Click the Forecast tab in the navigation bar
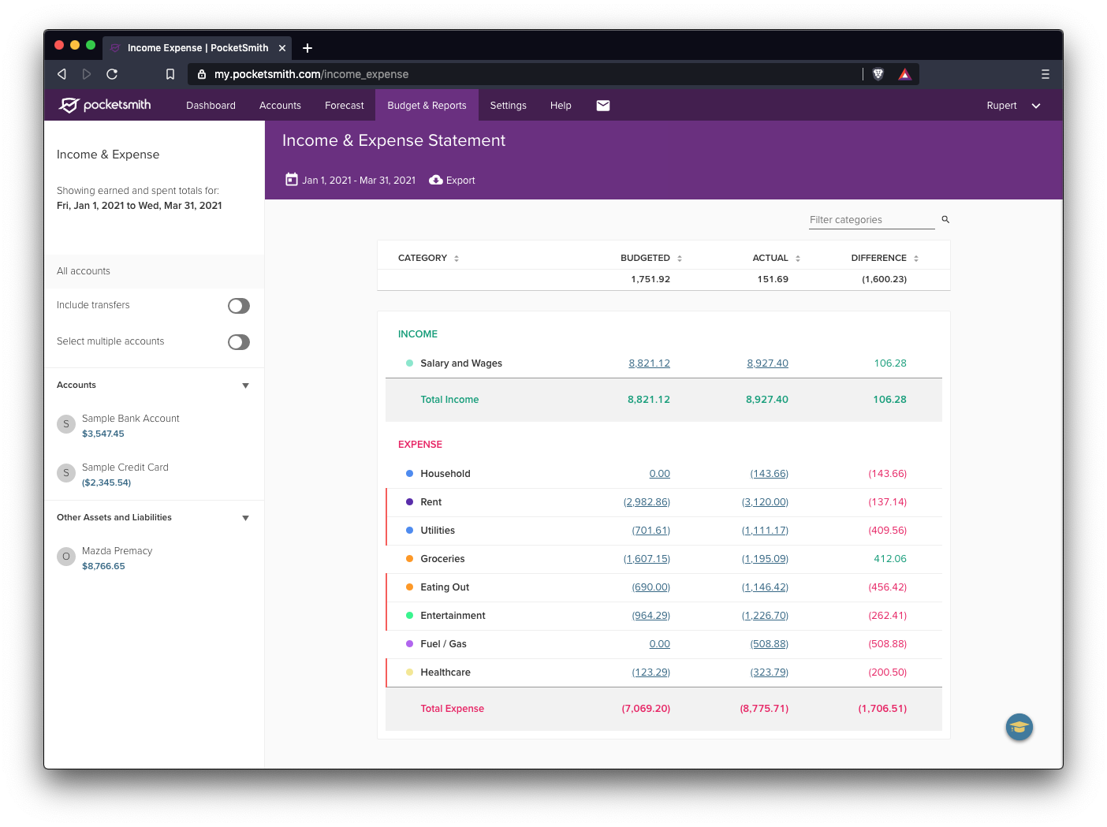pyautogui.click(x=344, y=106)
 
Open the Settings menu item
pyautogui.click(x=508, y=106)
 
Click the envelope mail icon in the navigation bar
pyautogui.click(x=603, y=106)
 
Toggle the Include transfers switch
pyautogui.click(x=239, y=306)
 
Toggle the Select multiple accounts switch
pyautogui.click(x=239, y=342)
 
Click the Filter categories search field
pyautogui.click(x=870, y=220)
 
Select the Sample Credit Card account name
pyautogui.click(x=125, y=468)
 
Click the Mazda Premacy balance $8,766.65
pyautogui.click(x=103, y=566)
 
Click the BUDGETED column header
pyautogui.click(x=645, y=258)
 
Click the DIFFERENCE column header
pyautogui.click(x=878, y=258)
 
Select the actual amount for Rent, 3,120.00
pyautogui.click(x=765, y=502)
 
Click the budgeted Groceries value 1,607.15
pyautogui.click(x=647, y=559)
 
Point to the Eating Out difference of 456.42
pyautogui.click(x=887, y=587)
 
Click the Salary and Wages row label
pyautogui.click(x=461, y=363)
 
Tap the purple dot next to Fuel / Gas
pyautogui.click(x=409, y=644)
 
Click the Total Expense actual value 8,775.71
pyautogui.click(x=764, y=709)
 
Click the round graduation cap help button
pyautogui.click(x=1019, y=727)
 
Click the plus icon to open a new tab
pyautogui.click(x=307, y=48)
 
